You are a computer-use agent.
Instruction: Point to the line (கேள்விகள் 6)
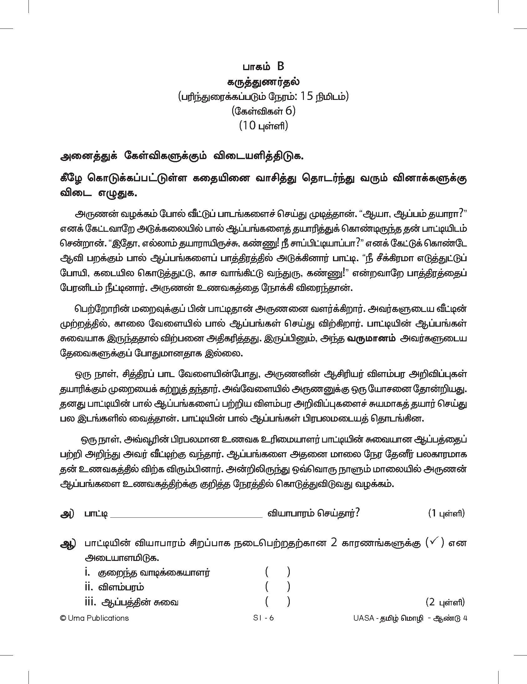tap(263, 111)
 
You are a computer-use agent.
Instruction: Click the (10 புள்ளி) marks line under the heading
tap(263, 126)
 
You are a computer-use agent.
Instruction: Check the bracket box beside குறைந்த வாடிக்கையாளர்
tap(278, 573)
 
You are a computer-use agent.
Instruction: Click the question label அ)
tap(67, 514)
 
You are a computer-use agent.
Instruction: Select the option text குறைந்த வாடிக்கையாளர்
tap(154, 573)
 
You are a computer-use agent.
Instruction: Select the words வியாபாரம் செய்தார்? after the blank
tap(313, 514)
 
